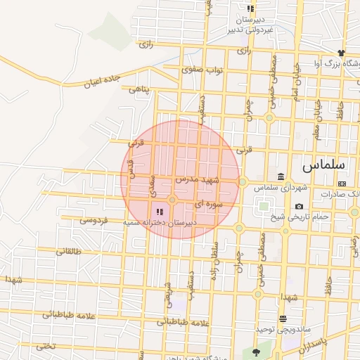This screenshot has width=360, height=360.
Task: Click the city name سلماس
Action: (x=324, y=166)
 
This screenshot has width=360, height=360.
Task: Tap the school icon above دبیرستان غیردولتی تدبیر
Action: (x=250, y=8)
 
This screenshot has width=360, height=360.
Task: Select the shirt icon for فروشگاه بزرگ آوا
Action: (x=341, y=53)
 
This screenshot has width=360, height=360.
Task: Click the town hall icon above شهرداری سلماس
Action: (x=281, y=176)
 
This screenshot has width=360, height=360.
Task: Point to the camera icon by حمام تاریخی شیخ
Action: (x=300, y=206)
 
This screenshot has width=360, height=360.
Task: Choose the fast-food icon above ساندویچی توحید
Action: (x=283, y=319)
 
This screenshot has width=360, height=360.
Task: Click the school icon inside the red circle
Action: (x=159, y=210)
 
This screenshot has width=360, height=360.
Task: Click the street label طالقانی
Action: (x=69, y=251)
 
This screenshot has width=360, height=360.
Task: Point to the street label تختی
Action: (x=45, y=346)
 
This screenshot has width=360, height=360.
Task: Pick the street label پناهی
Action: (x=139, y=89)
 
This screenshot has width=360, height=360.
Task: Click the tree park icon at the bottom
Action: (x=255, y=352)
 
